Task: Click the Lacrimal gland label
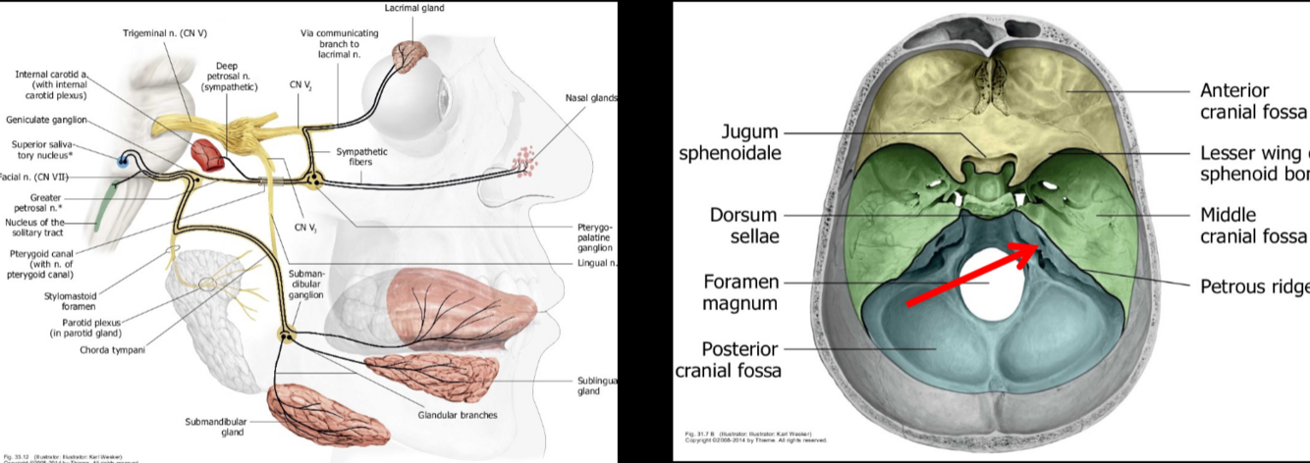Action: pyautogui.click(x=413, y=8)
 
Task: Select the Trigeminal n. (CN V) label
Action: pyautogui.click(x=165, y=32)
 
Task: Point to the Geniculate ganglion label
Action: pyautogui.click(x=47, y=120)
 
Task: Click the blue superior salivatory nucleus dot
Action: pyautogui.click(x=123, y=161)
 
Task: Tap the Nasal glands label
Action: pyautogui.click(x=590, y=98)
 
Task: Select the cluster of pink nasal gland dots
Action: pyautogui.click(x=526, y=160)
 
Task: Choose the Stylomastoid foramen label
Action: pyautogui.click(x=70, y=300)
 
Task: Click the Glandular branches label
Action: pyautogui.click(x=457, y=415)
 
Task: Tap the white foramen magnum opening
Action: pyautogui.click(x=993, y=283)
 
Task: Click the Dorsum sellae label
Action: pyautogui.click(x=743, y=225)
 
